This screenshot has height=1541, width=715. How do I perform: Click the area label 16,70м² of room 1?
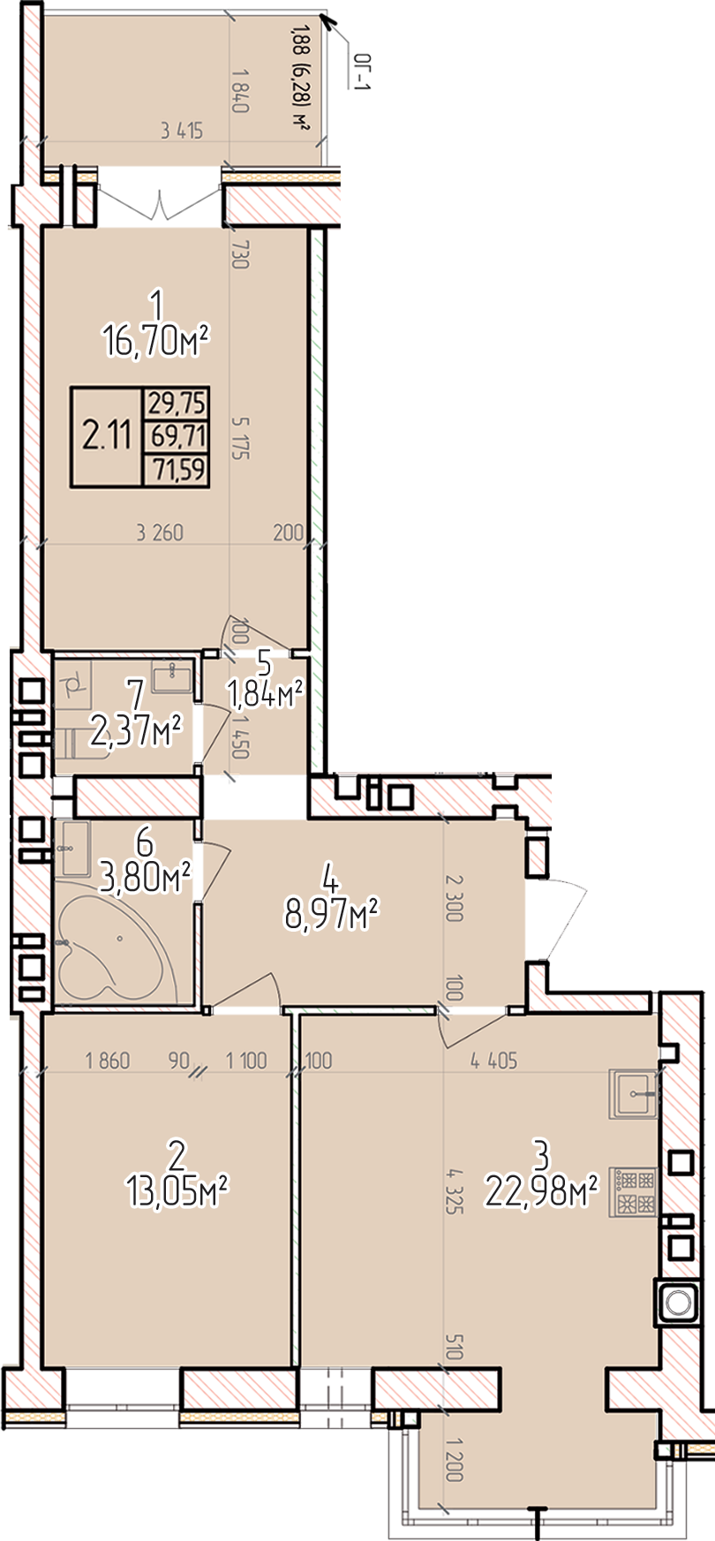tap(156, 339)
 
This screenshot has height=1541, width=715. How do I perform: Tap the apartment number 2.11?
tap(107, 436)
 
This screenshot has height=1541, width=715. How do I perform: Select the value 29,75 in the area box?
tap(177, 404)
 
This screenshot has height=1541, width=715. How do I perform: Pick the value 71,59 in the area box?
tap(177, 469)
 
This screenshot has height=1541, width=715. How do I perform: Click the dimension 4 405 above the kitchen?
tap(494, 1061)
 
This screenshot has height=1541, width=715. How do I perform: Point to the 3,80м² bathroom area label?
tap(147, 878)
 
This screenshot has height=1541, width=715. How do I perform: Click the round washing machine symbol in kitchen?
tap(677, 1302)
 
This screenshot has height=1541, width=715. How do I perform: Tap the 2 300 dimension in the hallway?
tap(454, 898)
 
